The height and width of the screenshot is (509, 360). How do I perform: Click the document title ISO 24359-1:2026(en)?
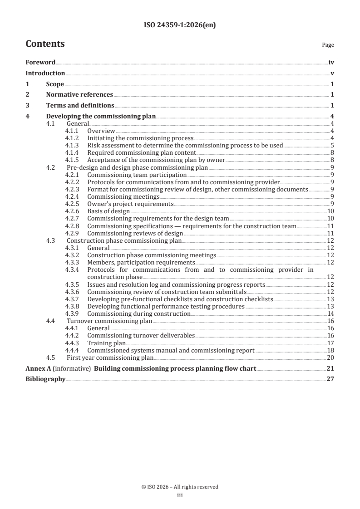[180, 25]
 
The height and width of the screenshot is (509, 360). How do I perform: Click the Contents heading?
[45, 44]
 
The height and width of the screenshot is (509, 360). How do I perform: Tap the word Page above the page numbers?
[328, 45]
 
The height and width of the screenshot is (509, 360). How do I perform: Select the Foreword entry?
[40, 63]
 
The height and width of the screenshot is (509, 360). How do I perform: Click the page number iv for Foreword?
[331, 63]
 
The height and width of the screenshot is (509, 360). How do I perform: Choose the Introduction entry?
[45, 73]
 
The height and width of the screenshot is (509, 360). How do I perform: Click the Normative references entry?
[79, 95]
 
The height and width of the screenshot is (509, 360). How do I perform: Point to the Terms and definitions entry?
[80, 106]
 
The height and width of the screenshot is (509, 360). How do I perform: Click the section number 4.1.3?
[72, 146]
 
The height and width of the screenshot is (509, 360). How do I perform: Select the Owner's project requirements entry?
[130, 204]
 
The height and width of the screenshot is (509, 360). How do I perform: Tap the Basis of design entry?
[108, 211]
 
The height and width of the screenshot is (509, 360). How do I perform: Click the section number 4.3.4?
[72, 270]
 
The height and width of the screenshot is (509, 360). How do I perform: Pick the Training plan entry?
[106, 343]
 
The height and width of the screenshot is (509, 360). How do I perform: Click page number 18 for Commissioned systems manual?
[331, 350]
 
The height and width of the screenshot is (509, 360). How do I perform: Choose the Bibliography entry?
[45, 379]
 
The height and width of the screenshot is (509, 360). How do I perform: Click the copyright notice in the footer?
[180, 487]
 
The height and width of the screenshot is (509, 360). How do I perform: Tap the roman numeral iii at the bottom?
[180, 495]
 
